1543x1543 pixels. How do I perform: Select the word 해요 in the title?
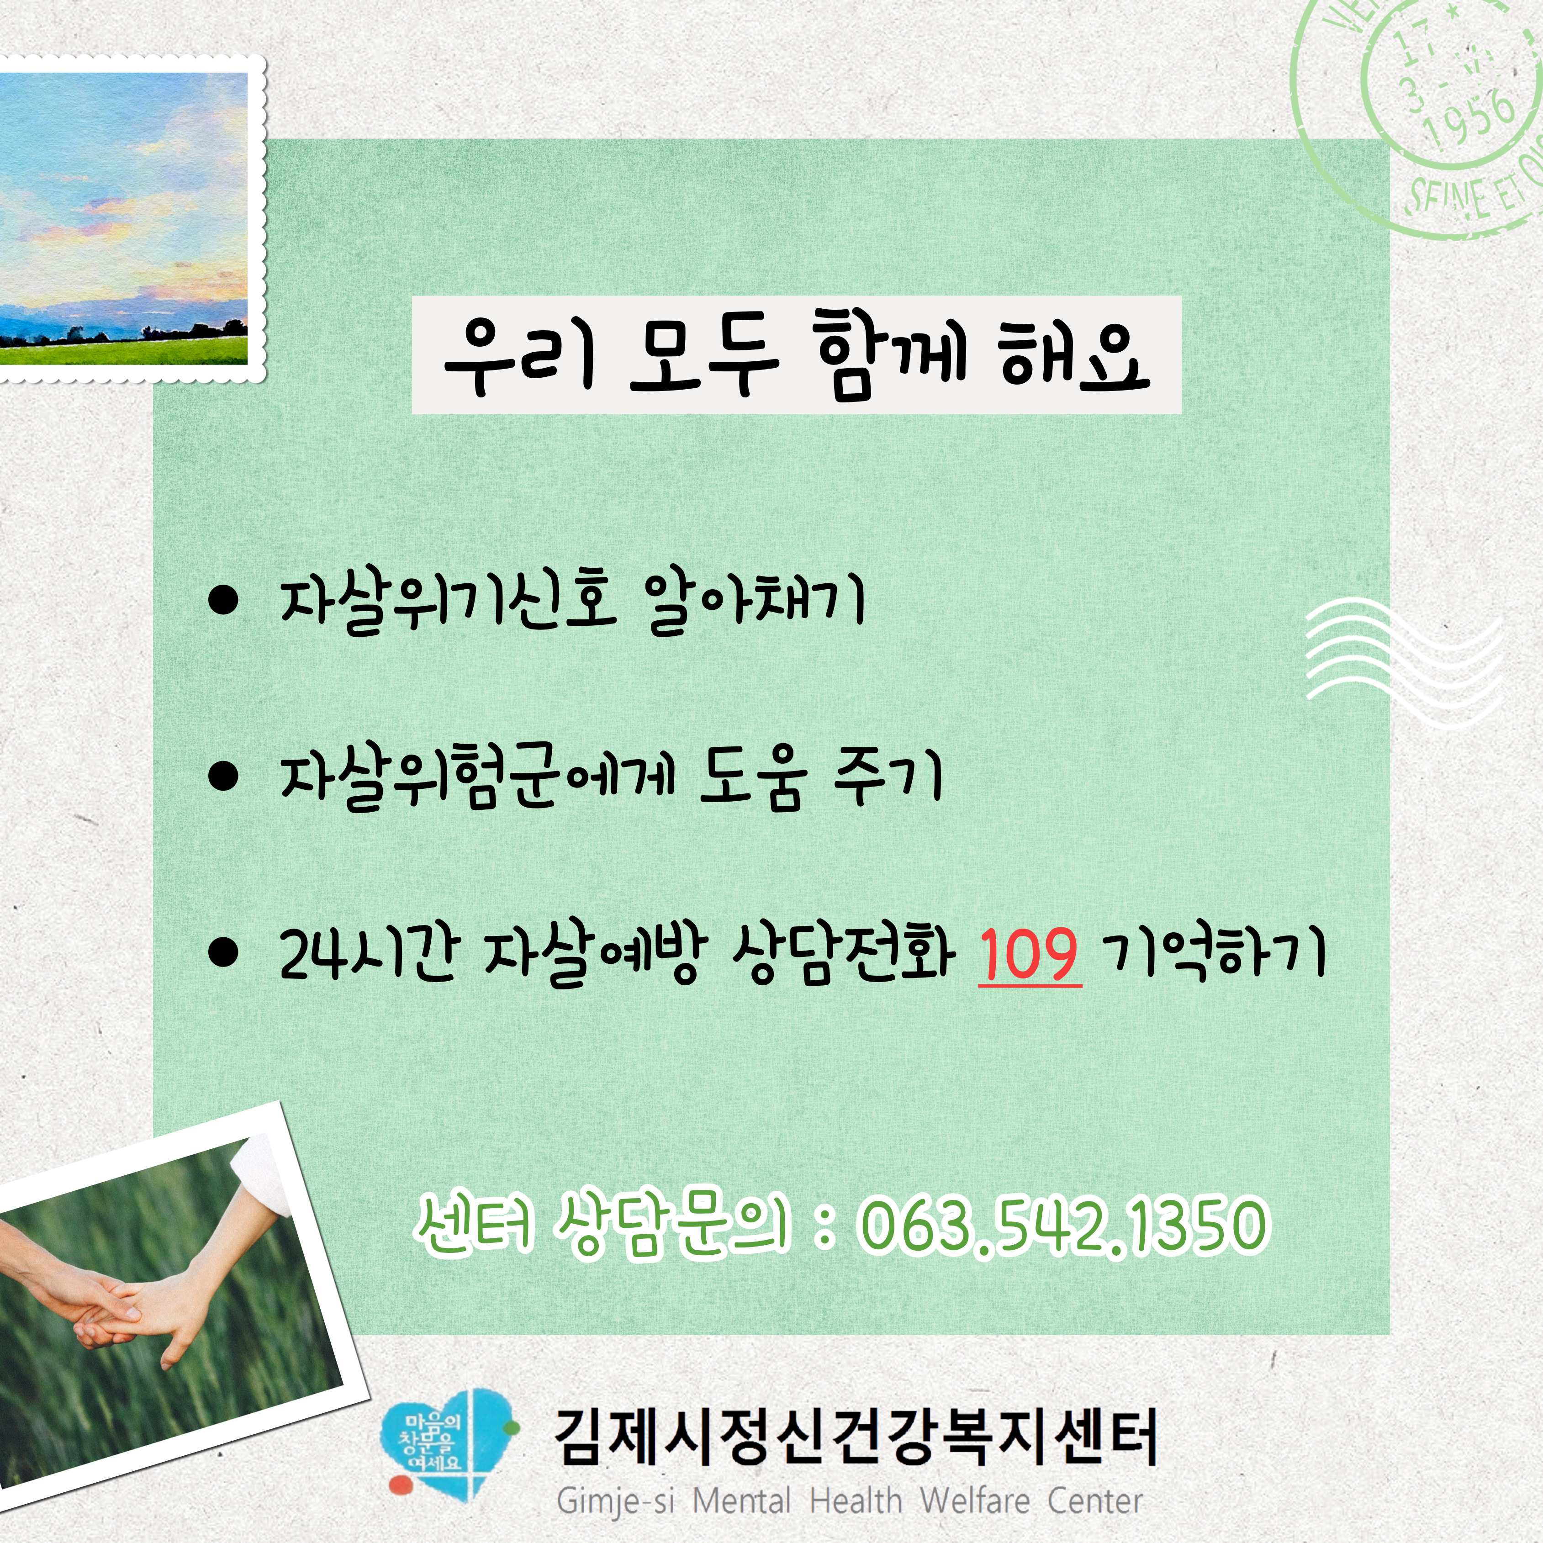point(1074,356)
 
